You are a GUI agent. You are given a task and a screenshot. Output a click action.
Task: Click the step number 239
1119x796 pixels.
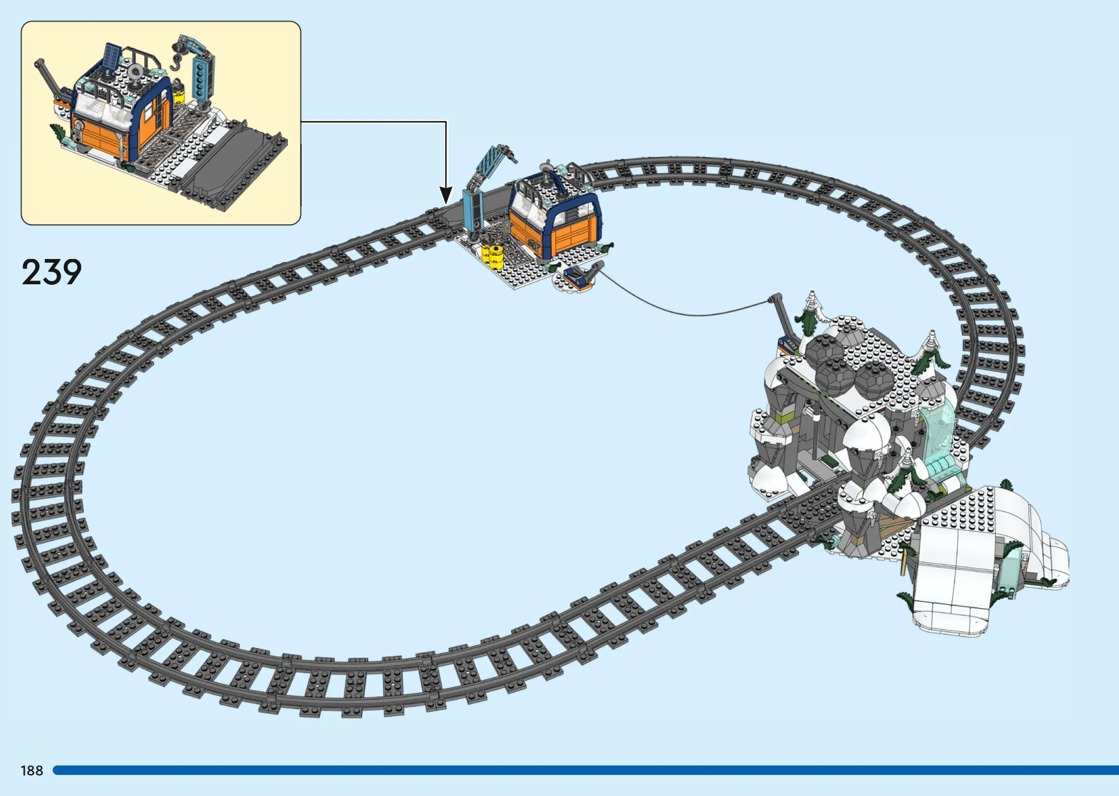click(52, 272)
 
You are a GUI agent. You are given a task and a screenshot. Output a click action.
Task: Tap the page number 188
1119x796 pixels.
click(32, 771)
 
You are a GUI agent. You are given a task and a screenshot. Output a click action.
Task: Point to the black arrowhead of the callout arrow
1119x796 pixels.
click(446, 195)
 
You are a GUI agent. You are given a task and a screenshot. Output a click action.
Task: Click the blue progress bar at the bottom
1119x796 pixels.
click(585, 770)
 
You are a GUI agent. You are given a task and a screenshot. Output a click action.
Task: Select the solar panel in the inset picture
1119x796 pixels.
click(111, 55)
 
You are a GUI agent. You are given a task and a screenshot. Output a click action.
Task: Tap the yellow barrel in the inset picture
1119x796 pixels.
click(179, 94)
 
